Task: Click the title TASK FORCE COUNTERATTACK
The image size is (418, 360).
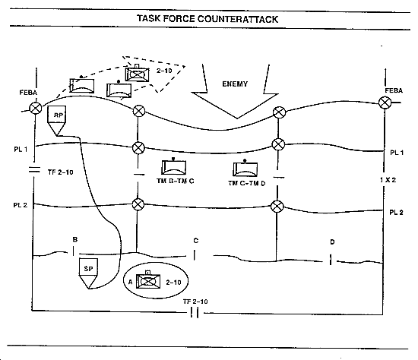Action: tap(207, 19)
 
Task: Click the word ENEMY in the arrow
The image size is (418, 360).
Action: tap(235, 84)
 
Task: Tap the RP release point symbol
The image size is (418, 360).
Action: tap(56, 121)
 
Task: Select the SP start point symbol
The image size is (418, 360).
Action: tap(88, 273)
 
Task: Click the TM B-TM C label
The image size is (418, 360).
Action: tap(176, 182)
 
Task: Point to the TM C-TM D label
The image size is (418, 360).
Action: tap(247, 183)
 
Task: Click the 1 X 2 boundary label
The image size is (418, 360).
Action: tap(388, 180)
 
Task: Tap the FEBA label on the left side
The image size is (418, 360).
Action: tap(28, 93)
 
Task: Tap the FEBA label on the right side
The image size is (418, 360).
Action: tap(394, 91)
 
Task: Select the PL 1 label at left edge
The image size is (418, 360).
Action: tap(21, 150)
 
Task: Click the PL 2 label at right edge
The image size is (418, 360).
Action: tap(397, 213)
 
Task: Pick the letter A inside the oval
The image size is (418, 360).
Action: tap(131, 282)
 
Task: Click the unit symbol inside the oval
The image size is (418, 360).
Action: tap(148, 280)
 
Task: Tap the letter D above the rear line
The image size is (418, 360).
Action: tap(332, 242)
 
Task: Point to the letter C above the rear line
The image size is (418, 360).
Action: tap(196, 241)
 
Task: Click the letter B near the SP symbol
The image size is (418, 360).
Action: tap(75, 239)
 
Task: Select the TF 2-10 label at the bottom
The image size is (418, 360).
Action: tap(195, 302)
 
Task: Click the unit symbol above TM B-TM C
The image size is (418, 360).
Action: tap(173, 167)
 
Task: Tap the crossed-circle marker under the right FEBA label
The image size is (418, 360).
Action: tap(385, 103)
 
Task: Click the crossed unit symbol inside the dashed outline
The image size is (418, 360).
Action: tap(137, 74)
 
